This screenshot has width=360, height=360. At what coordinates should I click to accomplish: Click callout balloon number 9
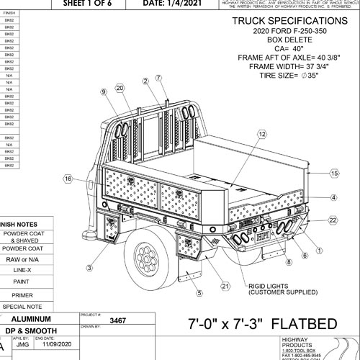pyautogui.click(x=104, y=91)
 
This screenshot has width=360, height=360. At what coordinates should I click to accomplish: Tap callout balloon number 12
pyautogui.click(x=261, y=134)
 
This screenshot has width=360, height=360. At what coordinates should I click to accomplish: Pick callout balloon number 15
pyautogui.click(x=334, y=174)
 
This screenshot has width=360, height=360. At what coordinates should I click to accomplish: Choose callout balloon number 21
pyautogui.click(x=225, y=286)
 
